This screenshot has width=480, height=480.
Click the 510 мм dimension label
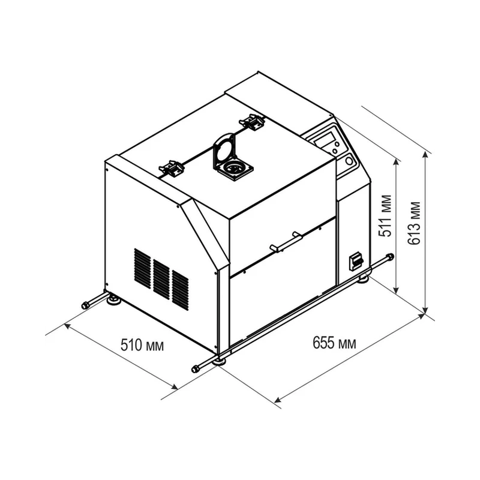click(142, 345)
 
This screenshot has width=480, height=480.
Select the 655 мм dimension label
click(334, 342)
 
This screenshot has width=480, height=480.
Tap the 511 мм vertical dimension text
click(385, 215)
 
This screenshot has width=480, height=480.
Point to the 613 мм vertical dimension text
click(414, 223)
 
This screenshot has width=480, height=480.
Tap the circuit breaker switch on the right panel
click(356, 261)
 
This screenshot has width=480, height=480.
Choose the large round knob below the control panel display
click(349, 161)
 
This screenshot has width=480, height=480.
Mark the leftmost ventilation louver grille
click(142, 268)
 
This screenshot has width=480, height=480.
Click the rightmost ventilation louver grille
click(181, 290)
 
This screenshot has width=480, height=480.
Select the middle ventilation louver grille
click(161, 279)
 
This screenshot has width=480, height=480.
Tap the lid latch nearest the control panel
click(252, 122)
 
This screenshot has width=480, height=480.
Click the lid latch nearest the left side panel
click(171, 168)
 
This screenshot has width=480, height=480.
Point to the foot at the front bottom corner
click(220, 362)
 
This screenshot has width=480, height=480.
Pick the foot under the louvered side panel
click(114, 299)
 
